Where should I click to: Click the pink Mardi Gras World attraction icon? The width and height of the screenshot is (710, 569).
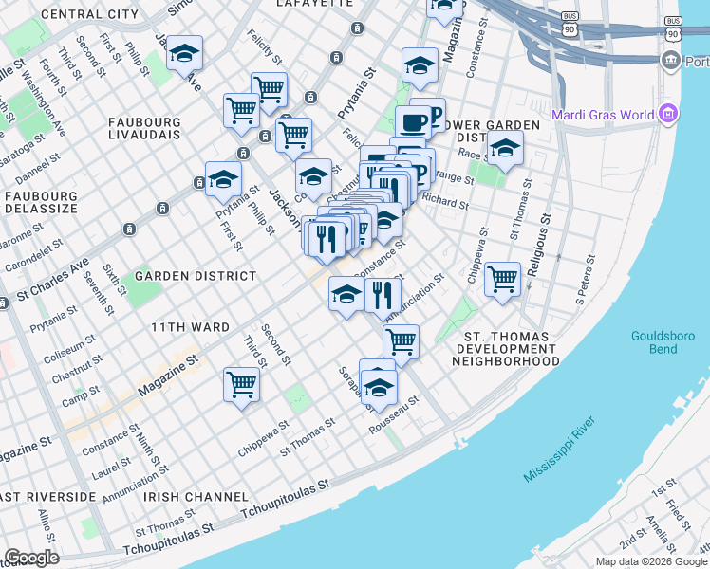tap(669, 115)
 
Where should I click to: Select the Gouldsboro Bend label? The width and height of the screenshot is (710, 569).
tap(664, 342)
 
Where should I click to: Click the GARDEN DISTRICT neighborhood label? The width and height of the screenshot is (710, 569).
tap(196, 276)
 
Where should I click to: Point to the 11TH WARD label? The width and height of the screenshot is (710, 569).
tap(190, 327)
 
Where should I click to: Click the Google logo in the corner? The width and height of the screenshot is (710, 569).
tap(31, 558)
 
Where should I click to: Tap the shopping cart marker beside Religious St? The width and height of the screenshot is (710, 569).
tap(502, 280)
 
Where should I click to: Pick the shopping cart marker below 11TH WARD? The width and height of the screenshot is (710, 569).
tap(241, 385)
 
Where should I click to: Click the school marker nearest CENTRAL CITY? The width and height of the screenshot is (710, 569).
tap(184, 54)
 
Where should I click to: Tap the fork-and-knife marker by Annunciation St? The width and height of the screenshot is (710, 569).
tap(383, 296)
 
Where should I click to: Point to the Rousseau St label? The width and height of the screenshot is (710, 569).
tap(394, 418)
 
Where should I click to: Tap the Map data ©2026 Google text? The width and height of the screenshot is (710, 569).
tap(650, 561)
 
